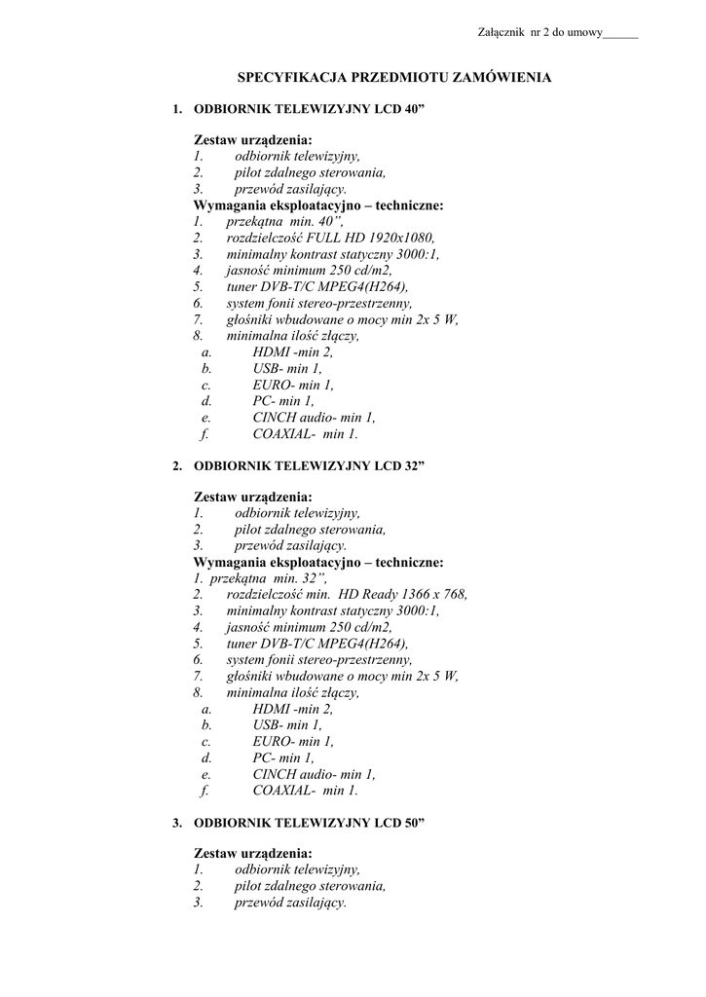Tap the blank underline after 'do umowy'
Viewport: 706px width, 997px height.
click(620, 35)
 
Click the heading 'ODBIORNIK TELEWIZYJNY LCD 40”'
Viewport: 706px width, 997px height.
click(311, 109)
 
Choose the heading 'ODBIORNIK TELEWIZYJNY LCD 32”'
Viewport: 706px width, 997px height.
click(311, 465)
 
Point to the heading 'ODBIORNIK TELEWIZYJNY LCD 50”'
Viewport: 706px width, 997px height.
click(311, 823)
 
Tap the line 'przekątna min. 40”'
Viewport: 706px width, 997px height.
click(278, 221)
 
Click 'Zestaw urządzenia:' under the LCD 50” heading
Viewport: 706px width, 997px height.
click(253, 853)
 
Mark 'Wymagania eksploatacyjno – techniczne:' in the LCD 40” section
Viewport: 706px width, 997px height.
click(318, 205)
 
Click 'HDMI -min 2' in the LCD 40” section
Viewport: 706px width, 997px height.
click(292, 352)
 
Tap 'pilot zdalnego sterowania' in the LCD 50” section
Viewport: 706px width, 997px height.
click(310, 886)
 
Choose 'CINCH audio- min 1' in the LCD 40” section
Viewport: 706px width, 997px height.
click(314, 418)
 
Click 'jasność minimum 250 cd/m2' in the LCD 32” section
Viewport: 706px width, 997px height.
click(309, 627)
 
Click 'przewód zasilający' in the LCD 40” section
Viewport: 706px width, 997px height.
click(290, 189)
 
